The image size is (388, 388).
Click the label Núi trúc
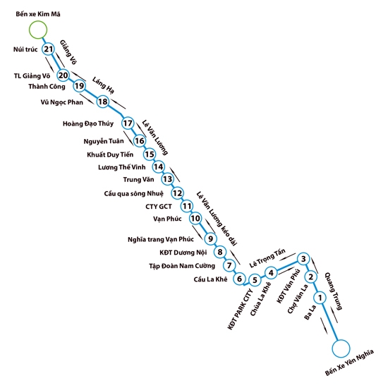(x=25, y=49)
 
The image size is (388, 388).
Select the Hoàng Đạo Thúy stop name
(x=88, y=123)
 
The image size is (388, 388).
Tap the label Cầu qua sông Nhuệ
(x=133, y=193)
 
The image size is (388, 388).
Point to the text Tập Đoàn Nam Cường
(x=182, y=266)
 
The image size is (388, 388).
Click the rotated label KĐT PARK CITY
(x=240, y=309)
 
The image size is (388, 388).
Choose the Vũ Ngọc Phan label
(x=62, y=102)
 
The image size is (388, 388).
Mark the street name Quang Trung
(x=334, y=291)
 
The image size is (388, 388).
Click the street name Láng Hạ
(x=103, y=85)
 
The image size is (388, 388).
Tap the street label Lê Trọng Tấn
(x=267, y=258)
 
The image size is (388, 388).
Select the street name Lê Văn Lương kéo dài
(x=217, y=219)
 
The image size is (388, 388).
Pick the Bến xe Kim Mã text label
(x=38, y=14)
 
